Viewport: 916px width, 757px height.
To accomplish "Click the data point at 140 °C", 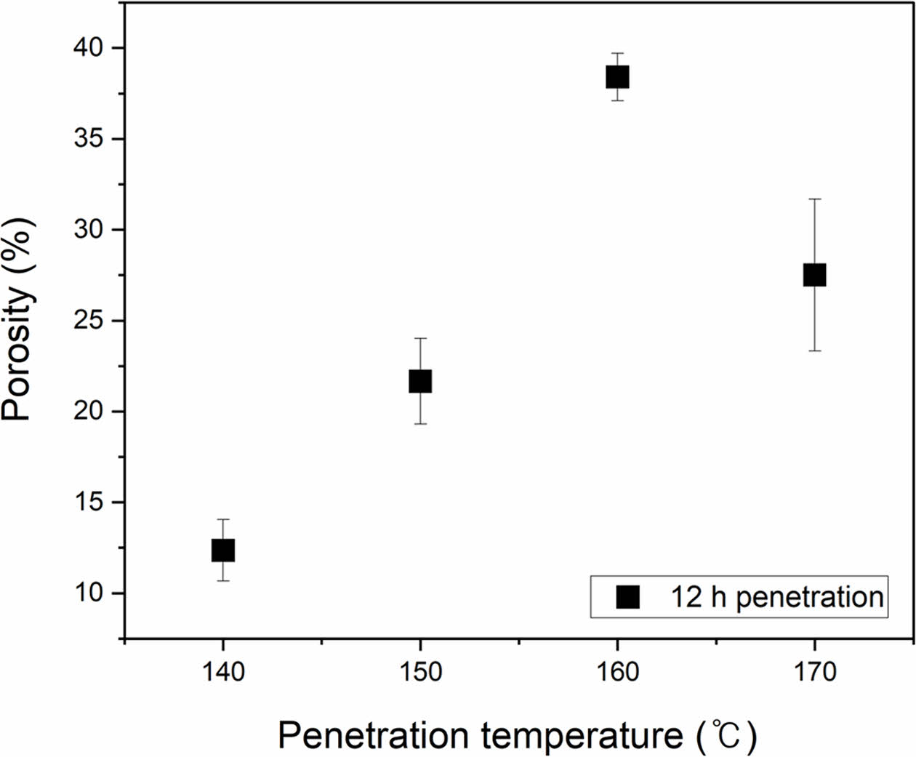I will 222,550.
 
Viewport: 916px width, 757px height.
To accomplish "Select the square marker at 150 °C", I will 420,381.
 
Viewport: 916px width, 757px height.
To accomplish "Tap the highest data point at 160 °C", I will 617,76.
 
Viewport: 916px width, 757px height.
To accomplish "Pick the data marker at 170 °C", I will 814,275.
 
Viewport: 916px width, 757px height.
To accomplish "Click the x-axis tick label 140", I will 222,672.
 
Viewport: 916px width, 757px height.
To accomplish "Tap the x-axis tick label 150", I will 420,672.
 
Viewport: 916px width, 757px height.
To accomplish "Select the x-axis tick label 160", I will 617,672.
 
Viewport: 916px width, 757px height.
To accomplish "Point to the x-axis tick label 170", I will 814,672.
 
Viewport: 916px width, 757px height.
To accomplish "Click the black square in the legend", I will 627,597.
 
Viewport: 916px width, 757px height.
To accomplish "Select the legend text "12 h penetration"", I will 776,597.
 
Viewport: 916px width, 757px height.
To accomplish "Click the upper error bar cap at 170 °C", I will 814,199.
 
